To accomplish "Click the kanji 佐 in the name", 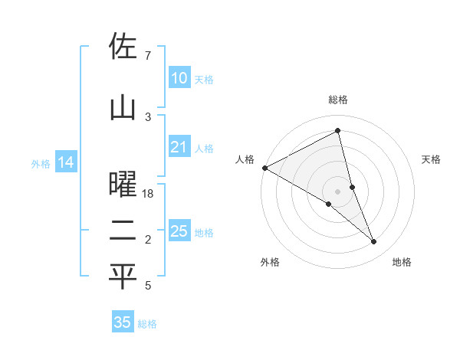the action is click(x=123, y=47).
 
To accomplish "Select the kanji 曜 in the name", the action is click(x=123, y=185).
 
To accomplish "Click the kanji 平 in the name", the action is click(x=123, y=277).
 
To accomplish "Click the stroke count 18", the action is click(x=148, y=195).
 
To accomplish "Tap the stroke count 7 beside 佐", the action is click(x=147, y=56).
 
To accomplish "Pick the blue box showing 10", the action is click(x=179, y=78).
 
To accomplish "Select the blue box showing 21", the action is click(x=179, y=147).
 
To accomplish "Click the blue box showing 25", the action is click(x=179, y=231).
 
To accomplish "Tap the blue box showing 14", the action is click(x=65, y=162).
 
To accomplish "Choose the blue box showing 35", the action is click(x=122, y=322).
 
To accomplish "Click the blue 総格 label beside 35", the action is click(x=147, y=324).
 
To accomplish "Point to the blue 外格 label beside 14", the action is click(x=40, y=163).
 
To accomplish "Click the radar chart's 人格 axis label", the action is click(x=245, y=159).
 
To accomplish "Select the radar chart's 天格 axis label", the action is click(x=431, y=159).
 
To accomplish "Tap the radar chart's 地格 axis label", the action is click(x=402, y=262).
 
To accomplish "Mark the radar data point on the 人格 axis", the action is click(x=264, y=168).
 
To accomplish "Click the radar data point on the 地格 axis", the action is click(x=374, y=242).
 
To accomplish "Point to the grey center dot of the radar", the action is click(x=337, y=191).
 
